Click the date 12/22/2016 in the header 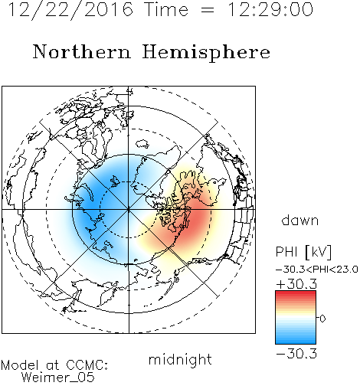(70, 10)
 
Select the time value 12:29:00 (270, 9)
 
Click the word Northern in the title (82, 52)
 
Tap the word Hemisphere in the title (206, 52)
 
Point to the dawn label (300, 220)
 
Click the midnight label (180, 359)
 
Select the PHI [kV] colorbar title (303, 252)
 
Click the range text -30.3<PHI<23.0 (317, 270)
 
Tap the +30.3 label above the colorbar (296, 284)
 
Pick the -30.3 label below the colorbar (296, 354)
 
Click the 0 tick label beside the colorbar (322, 319)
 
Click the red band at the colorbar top (296, 293)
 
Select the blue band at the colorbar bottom (296, 342)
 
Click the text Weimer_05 (58, 378)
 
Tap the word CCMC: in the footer (87, 365)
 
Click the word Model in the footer (20, 365)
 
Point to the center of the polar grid (129, 210)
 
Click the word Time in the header (166, 9)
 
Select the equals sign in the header (208, 10)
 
